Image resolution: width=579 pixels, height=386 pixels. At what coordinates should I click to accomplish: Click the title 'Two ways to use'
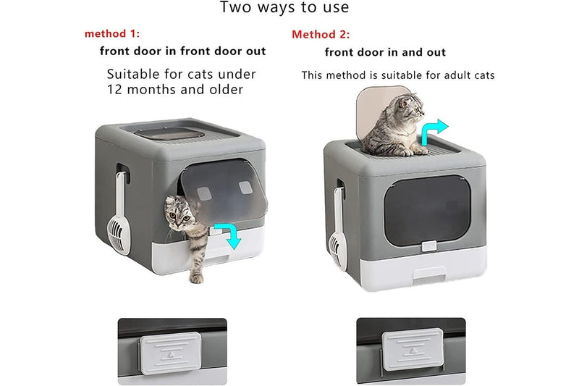tap(284, 9)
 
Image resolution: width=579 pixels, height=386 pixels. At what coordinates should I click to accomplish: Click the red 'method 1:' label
tap(112, 34)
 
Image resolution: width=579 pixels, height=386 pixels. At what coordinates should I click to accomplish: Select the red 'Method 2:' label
tap(321, 35)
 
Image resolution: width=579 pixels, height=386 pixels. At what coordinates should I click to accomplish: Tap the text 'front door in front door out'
tap(182, 51)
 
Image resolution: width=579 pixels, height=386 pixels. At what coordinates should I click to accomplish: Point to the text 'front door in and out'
tap(385, 52)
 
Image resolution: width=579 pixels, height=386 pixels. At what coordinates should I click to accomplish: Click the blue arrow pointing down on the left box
tap(232, 235)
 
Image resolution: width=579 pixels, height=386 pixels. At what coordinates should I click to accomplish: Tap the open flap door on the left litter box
tap(221, 192)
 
